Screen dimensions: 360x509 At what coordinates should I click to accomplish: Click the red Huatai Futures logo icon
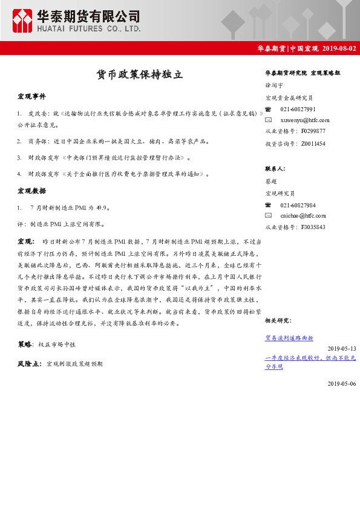click(23, 21)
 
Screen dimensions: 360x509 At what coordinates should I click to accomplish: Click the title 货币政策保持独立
click(139, 75)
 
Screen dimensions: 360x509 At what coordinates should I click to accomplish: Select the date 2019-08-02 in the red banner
click(340, 48)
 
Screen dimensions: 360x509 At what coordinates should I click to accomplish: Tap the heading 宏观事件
click(31, 97)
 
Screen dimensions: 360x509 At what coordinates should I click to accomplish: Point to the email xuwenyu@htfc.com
click(305, 120)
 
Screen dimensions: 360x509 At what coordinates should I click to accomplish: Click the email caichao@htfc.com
click(303, 215)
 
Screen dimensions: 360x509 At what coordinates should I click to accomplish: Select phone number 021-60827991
click(298, 109)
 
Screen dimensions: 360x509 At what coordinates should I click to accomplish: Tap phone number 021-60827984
click(298, 205)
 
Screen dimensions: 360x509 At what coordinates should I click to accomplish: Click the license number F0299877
click(313, 131)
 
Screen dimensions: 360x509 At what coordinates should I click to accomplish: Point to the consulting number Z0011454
click(313, 144)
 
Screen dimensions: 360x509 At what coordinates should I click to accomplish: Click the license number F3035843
click(313, 227)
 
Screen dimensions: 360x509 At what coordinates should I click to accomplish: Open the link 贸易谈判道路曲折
click(289, 337)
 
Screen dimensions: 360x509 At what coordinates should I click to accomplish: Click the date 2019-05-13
click(342, 349)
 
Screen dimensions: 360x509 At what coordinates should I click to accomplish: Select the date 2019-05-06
click(342, 383)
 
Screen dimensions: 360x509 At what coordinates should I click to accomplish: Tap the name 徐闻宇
click(273, 86)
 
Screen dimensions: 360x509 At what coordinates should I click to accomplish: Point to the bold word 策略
click(24, 344)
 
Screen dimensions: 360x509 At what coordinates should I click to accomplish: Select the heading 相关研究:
click(278, 320)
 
